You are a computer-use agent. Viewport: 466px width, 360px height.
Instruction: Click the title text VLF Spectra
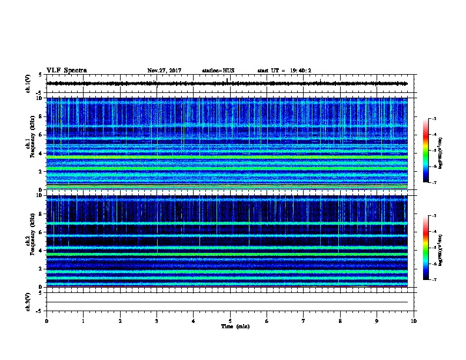(66, 70)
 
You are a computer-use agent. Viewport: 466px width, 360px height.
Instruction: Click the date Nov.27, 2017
(164, 71)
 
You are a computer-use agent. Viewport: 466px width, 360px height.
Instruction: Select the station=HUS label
(218, 71)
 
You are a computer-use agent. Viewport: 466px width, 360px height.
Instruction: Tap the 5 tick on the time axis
(230, 321)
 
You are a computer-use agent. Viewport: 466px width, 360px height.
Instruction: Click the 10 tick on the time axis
(414, 321)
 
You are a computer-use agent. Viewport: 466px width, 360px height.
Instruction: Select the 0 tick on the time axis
(46, 321)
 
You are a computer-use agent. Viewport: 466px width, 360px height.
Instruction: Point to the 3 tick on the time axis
(157, 321)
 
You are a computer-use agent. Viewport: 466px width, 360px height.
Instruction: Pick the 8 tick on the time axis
(340, 321)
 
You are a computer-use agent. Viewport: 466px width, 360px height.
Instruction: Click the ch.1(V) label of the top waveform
(28, 84)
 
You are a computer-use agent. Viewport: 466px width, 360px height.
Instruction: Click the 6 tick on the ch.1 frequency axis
(40, 135)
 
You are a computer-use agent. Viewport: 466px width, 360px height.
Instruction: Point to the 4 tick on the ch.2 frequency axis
(40, 250)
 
